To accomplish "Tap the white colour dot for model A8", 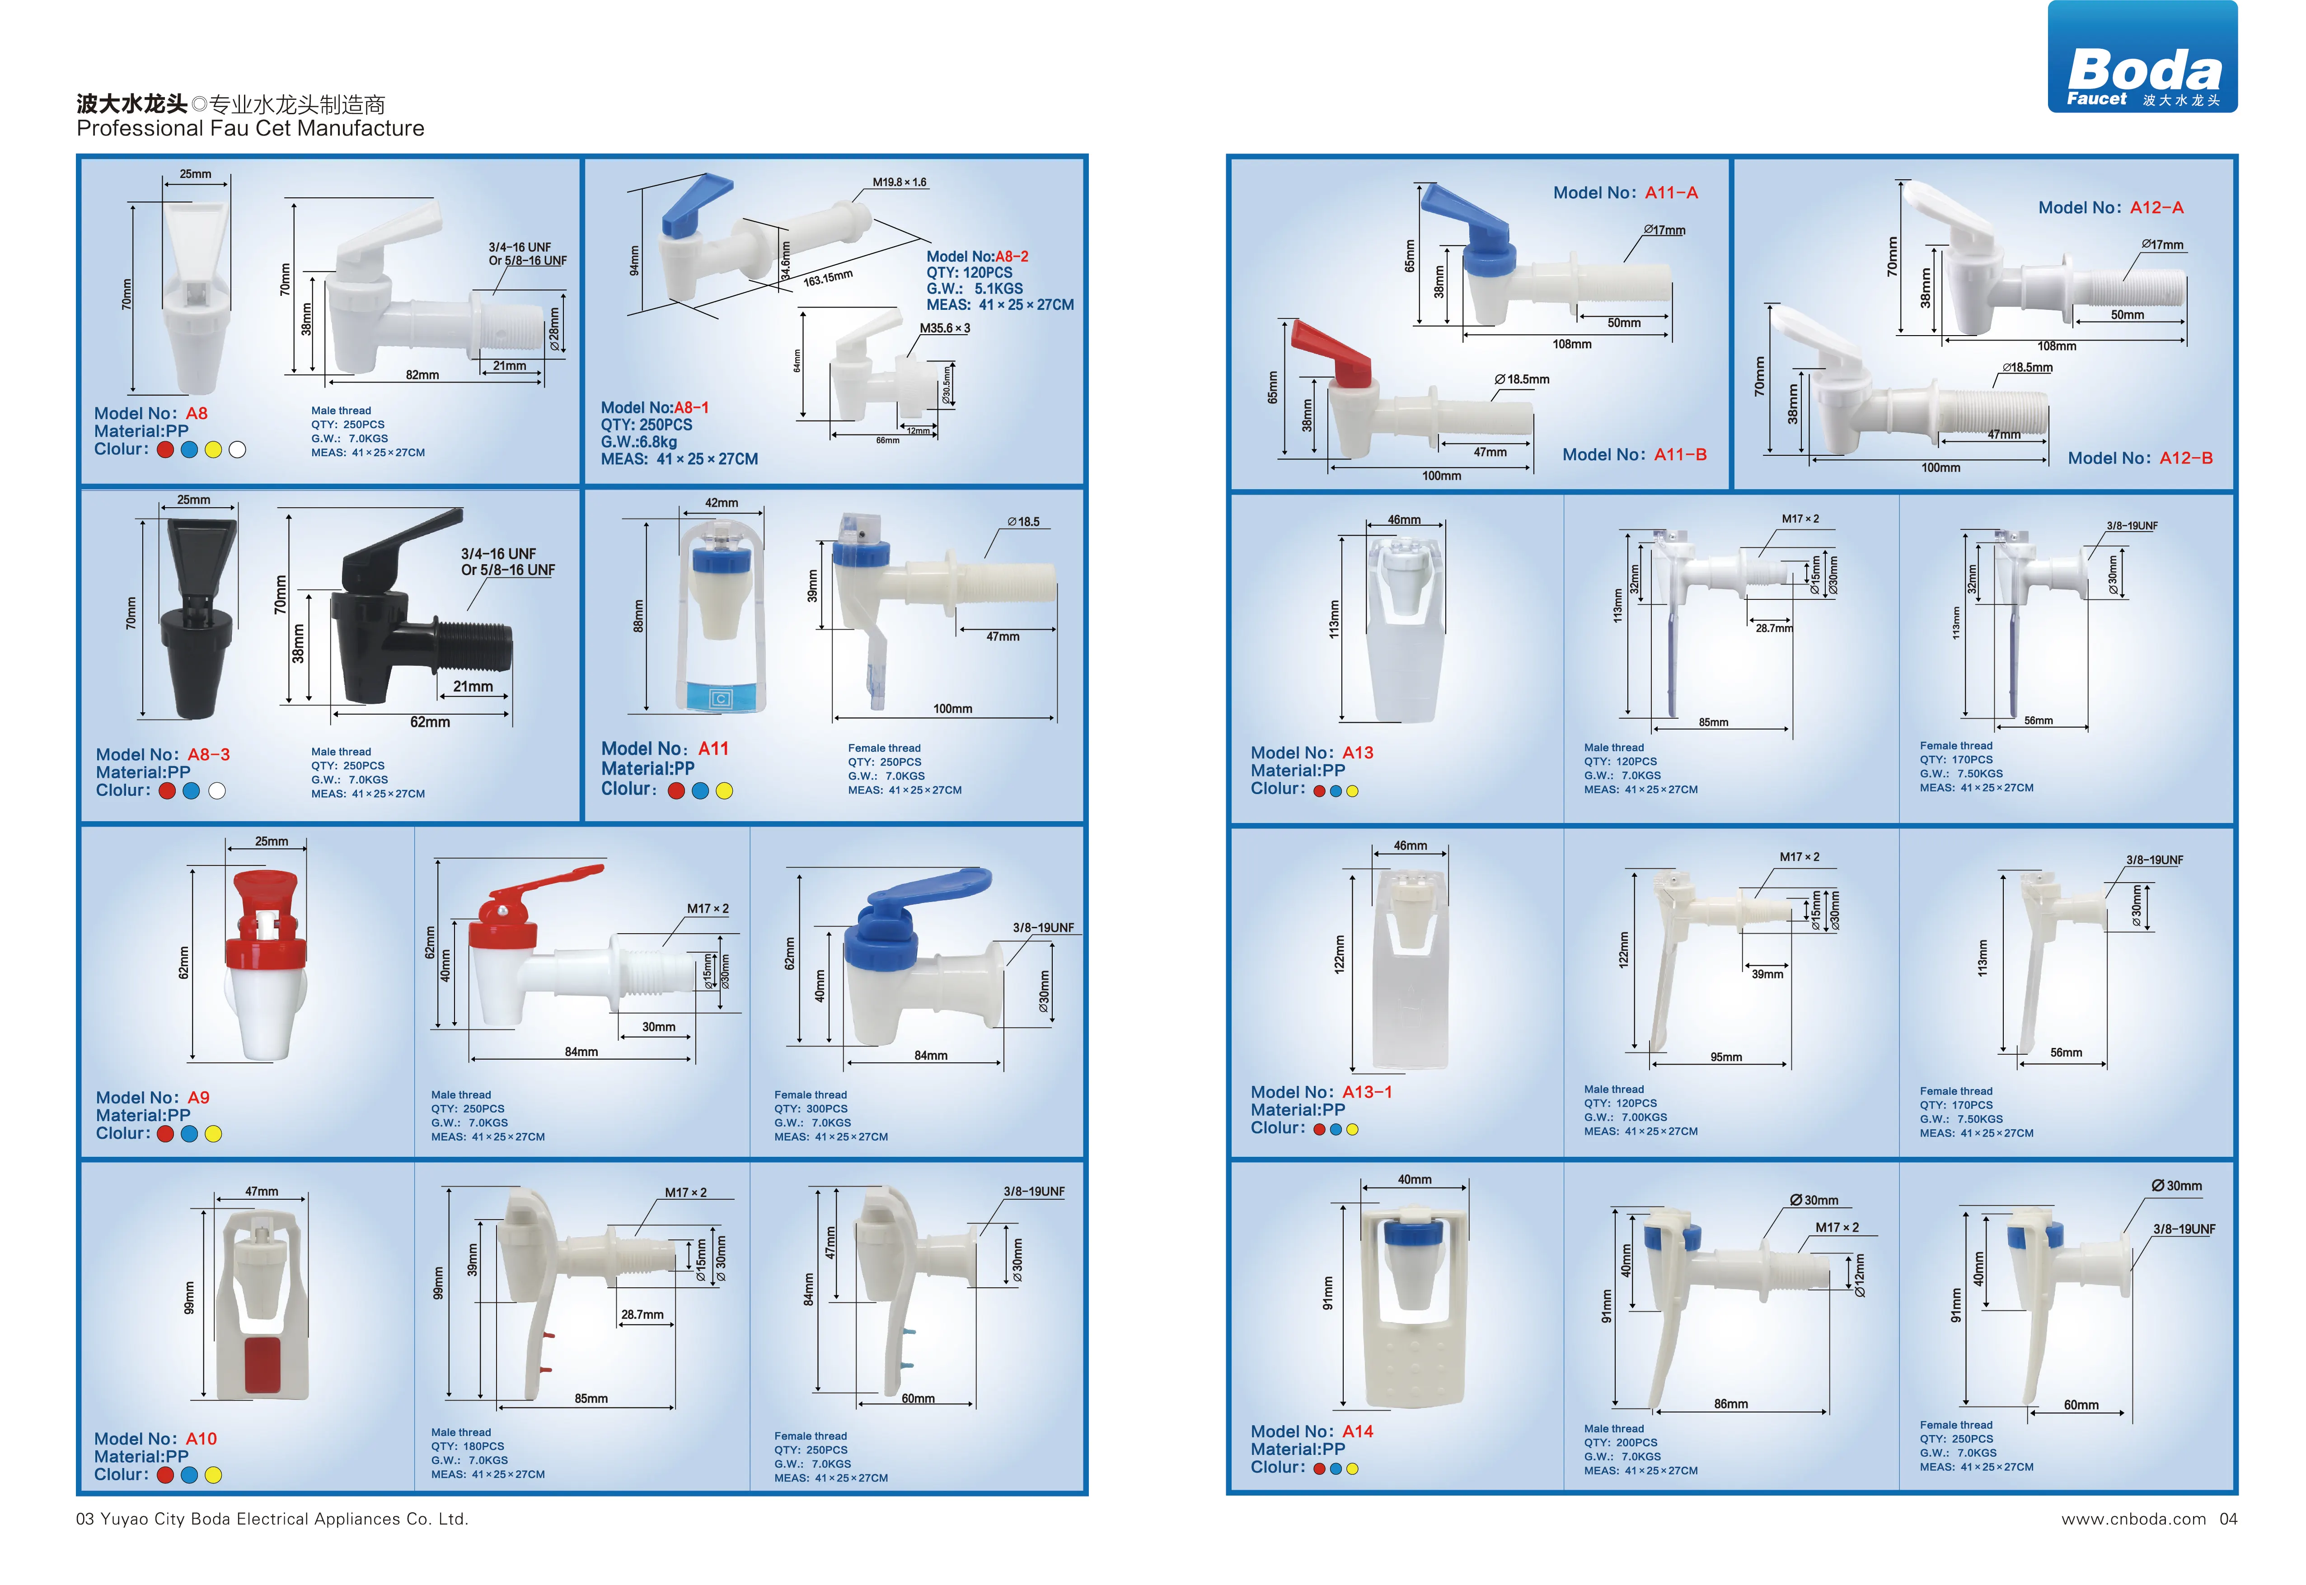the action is pyautogui.click(x=237, y=450).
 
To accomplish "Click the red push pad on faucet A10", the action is pyautogui.click(x=262, y=1365).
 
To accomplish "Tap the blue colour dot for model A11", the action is pyautogui.click(x=700, y=791).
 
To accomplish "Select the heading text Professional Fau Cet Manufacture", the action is pyautogui.click(x=250, y=128).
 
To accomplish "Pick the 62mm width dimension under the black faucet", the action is pyautogui.click(x=430, y=722).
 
